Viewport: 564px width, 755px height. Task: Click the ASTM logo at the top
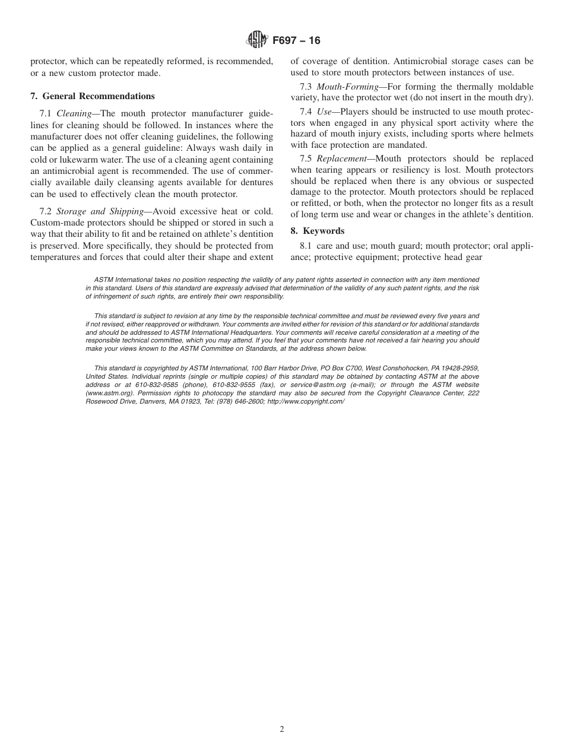pos(256,40)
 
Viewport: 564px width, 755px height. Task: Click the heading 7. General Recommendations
pos(93,96)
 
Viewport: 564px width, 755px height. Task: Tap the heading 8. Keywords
pos(318,231)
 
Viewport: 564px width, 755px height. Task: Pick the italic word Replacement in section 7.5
pos(341,158)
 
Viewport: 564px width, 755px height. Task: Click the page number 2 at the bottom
pos(282,729)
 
